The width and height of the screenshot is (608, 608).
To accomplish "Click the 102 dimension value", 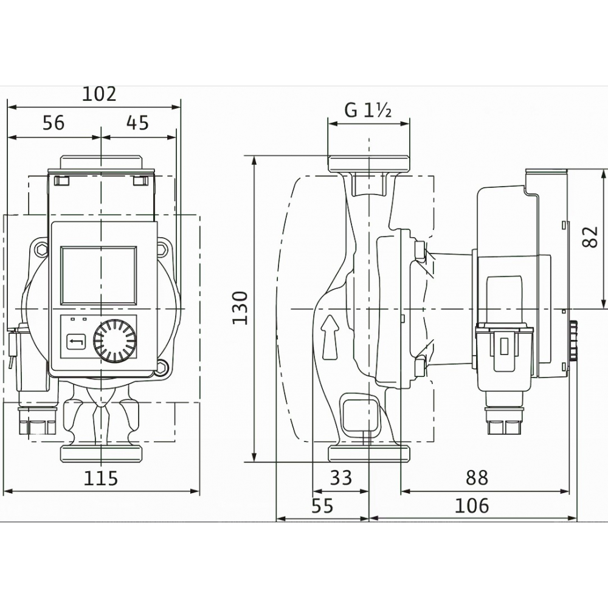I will click(100, 94).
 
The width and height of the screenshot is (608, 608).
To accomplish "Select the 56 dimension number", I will click(54, 123).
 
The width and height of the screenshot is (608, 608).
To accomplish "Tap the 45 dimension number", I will click(137, 123).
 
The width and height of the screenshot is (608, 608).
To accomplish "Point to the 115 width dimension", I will click(100, 478).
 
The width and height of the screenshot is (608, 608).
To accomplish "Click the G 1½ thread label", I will click(368, 111).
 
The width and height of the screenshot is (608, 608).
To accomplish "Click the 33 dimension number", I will click(340, 478).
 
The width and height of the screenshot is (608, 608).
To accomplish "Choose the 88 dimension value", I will click(477, 478).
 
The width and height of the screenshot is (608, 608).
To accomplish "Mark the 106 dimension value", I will click(472, 505).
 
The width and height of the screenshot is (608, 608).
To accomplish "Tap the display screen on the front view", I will click(98, 275).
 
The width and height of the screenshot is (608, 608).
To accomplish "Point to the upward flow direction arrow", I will click(329, 337).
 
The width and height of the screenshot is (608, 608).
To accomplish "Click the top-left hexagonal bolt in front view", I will click(41, 249).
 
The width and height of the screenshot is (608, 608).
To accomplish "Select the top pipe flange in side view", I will click(368, 164).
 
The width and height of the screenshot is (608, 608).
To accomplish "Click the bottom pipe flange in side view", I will click(368, 454).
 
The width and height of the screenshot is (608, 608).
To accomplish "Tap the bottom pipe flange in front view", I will click(101, 454).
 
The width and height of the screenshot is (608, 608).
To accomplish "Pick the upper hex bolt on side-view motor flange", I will click(420, 250).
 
